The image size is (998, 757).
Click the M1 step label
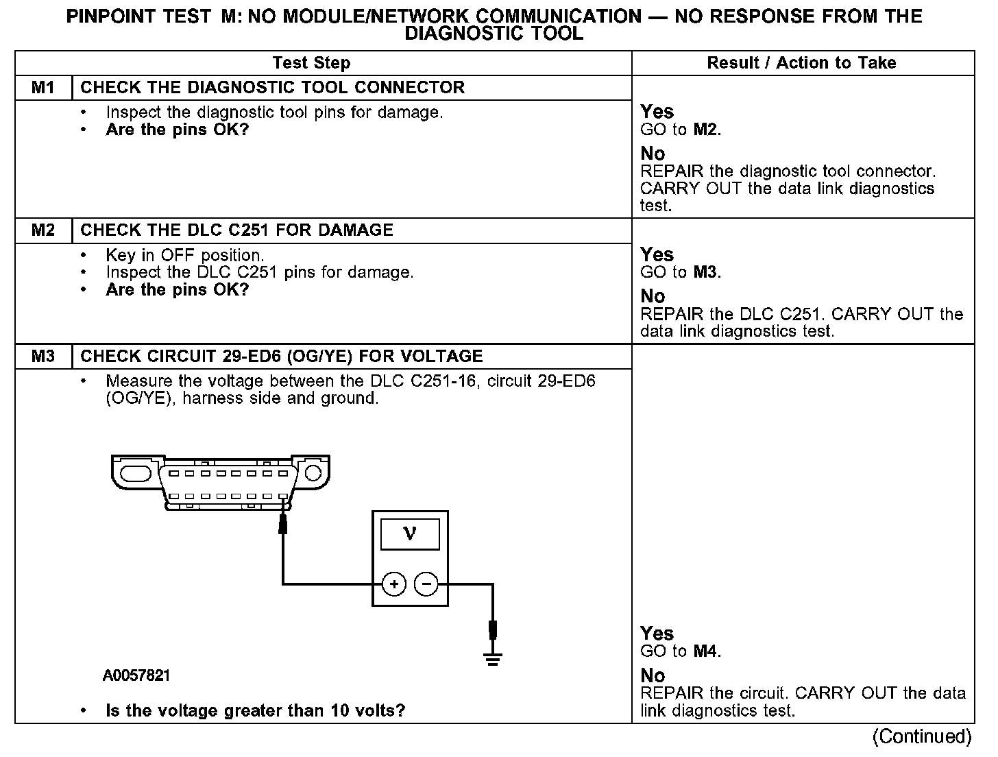(x=43, y=88)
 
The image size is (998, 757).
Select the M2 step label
(x=43, y=230)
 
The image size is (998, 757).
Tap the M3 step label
(x=43, y=357)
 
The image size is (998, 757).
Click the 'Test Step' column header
(x=311, y=63)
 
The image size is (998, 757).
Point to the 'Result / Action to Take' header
(x=801, y=63)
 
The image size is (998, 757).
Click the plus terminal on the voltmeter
(x=394, y=584)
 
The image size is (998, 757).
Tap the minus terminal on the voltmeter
(x=426, y=584)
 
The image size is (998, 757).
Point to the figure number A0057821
(x=136, y=676)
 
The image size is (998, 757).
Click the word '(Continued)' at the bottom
(x=921, y=736)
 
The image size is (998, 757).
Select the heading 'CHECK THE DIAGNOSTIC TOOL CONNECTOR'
(x=273, y=88)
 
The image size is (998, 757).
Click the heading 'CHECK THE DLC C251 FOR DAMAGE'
(x=237, y=230)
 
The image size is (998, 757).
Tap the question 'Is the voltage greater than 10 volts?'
(x=256, y=710)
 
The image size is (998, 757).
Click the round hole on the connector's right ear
(x=313, y=473)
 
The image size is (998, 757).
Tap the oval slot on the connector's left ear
(x=135, y=474)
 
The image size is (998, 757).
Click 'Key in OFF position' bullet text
(x=185, y=256)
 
